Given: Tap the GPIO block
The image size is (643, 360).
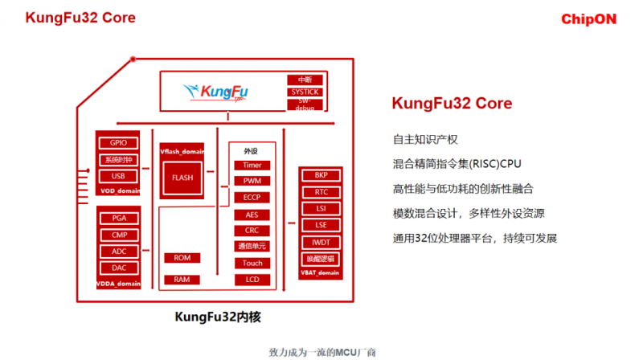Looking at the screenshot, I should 118,143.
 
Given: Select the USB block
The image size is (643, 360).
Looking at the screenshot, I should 118,175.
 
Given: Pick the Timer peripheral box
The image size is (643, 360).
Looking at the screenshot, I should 252,165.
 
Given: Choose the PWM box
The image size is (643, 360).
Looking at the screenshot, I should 252,181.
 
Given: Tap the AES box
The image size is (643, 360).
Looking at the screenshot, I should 252,215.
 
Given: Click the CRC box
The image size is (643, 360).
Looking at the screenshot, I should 252,231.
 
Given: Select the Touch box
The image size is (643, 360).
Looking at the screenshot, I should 252,263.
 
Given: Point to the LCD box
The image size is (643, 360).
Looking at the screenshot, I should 252,279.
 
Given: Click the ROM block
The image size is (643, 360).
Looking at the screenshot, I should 182,258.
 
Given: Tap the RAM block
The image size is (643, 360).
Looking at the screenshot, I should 182,280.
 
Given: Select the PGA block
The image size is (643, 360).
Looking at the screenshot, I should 119,219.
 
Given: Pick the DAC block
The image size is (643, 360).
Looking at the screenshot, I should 119,267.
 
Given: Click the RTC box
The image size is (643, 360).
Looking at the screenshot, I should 321,192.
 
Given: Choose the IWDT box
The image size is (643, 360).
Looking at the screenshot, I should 321,242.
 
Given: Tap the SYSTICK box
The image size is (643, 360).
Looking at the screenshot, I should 305,92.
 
